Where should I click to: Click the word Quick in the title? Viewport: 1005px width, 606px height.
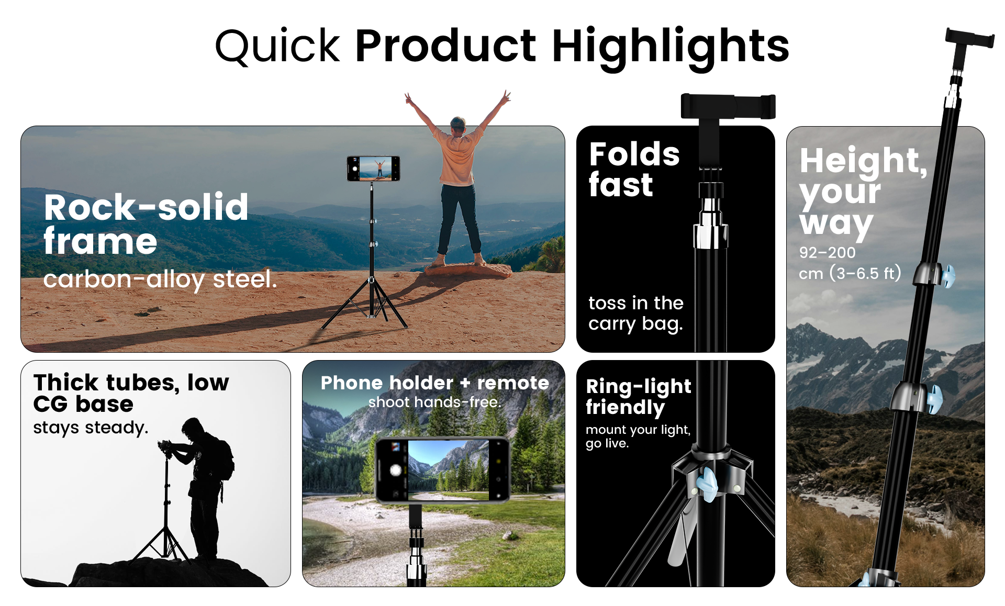(x=277, y=46)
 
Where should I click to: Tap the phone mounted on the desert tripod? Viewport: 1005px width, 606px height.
(x=373, y=169)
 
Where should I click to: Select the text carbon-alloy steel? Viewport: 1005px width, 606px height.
(x=160, y=279)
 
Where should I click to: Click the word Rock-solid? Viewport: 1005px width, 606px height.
(x=146, y=207)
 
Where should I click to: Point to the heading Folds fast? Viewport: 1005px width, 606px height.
(x=633, y=169)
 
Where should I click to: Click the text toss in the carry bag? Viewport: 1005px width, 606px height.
(x=635, y=313)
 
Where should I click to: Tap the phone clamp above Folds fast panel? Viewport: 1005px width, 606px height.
(x=728, y=106)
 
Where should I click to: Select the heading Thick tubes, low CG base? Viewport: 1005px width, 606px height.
(x=131, y=392)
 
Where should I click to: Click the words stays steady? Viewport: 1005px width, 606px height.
(x=91, y=428)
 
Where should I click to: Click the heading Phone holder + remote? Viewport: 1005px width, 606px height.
(x=434, y=383)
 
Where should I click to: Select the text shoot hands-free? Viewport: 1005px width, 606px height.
(x=434, y=402)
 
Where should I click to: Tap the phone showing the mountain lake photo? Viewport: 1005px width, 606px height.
(x=442, y=469)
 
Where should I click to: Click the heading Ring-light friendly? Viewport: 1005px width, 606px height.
(x=638, y=396)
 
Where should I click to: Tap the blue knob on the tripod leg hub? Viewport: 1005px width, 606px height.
(x=707, y=484)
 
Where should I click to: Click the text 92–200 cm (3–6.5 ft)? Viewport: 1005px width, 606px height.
(x=849, y=263)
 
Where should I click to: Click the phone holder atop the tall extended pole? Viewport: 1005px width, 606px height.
(x=969, y=39)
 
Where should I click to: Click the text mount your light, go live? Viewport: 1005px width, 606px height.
(x=638, y=436)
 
